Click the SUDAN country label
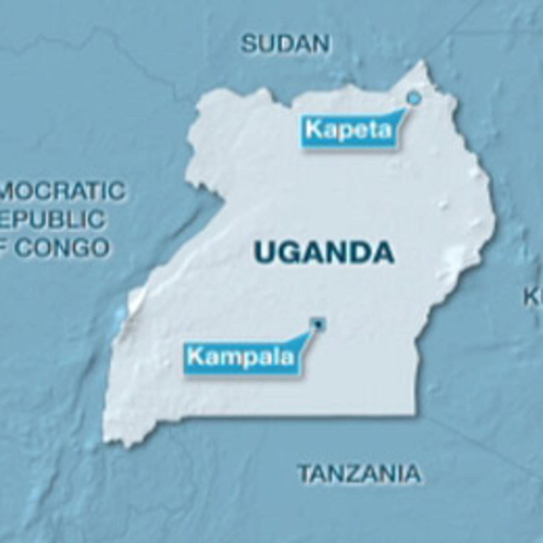click(x=285, y=44)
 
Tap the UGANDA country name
click(x=325, y=252)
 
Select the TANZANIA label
click(x=359, y=473)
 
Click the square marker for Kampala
click(x=317, y=324)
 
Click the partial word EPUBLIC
click(x=53, y=219)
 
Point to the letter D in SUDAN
click(x=285, y=44)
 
